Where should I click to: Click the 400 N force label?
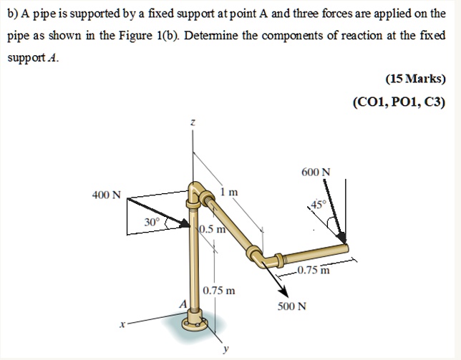107,195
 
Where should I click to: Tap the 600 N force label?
316,172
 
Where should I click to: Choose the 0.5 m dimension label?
213,230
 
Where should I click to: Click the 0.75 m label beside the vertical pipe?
218,291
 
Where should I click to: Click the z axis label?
191,124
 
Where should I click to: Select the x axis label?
123,325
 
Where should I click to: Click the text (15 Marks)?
415,79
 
